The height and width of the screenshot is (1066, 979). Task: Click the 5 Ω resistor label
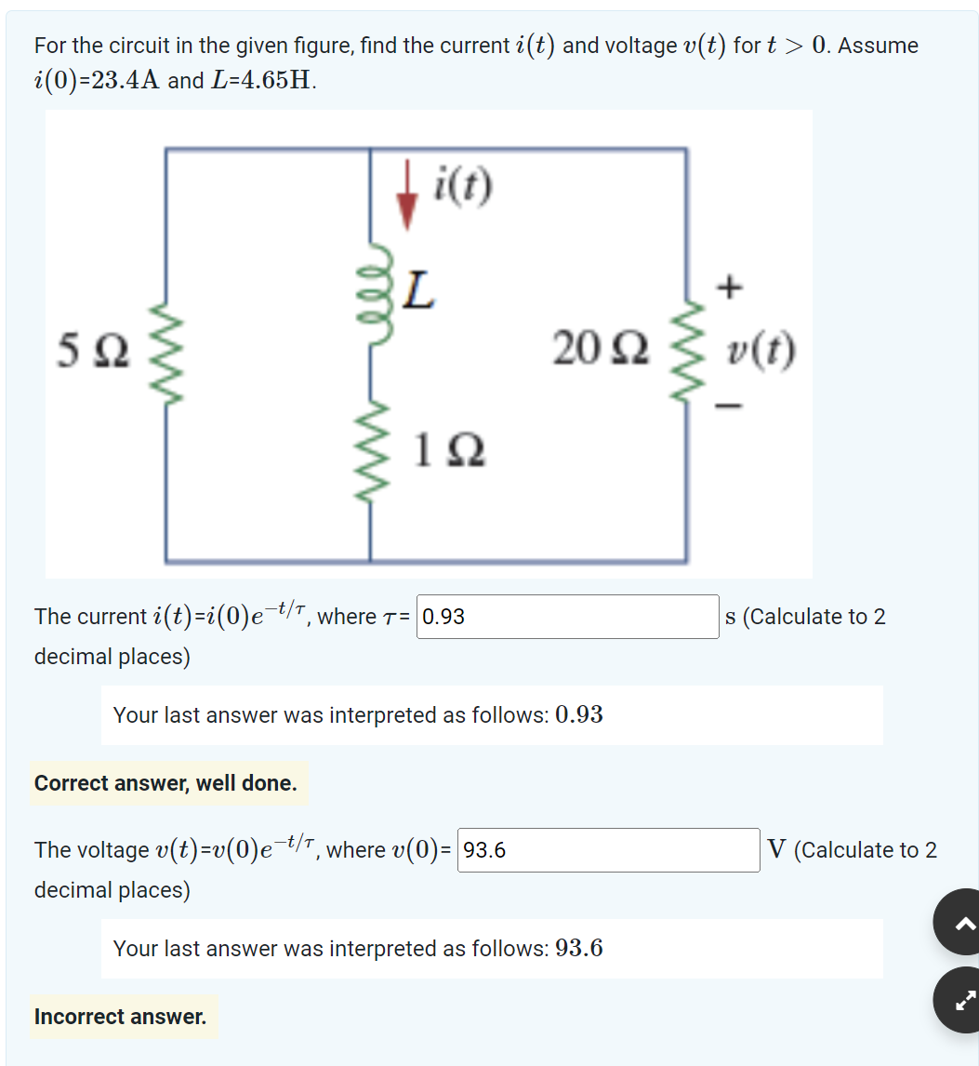coord(96,352)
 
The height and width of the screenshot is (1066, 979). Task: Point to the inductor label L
coord(419,294)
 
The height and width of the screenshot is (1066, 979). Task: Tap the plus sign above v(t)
coord(731,288)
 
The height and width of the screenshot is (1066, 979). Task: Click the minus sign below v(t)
coord(732,406)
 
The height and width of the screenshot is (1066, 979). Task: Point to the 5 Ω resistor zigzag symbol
coord(167,353)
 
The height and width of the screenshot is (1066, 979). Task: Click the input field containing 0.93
coord(567,617)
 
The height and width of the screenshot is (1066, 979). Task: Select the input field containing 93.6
coord(609,850)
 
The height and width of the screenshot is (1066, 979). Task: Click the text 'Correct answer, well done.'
coord(166,783)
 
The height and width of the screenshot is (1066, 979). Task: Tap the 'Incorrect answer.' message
coord(121,1017)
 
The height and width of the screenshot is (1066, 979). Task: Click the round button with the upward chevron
coord(961,922)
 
